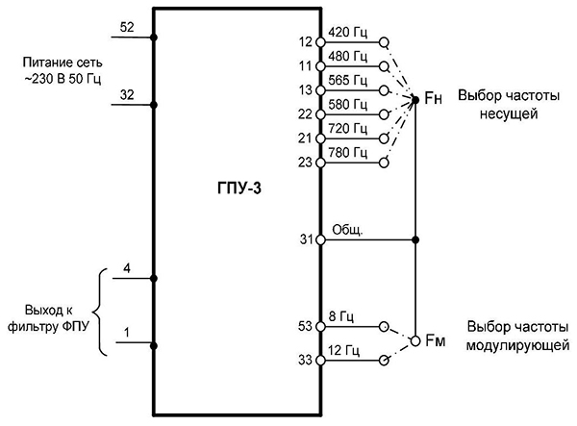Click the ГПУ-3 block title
pos(239,188)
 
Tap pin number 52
pos(127,27)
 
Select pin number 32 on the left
pos(127,95)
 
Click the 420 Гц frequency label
pos(348,33)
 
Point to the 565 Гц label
pos(348,81)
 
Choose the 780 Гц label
pos(348,153)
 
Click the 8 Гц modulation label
pos(341,316)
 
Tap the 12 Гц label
pos(343,350)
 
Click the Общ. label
pos(347,230)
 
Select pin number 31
pos(306,239)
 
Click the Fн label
pos(433,98)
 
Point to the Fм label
pos(436,340)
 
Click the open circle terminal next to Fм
pos(415,341)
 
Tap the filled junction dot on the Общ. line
pos(415,240)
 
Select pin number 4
pos(127,268)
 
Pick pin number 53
pos(305,326)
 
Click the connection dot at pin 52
pos(154,38)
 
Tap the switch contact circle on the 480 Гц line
pos(384,66)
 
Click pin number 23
pos(305,163)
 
